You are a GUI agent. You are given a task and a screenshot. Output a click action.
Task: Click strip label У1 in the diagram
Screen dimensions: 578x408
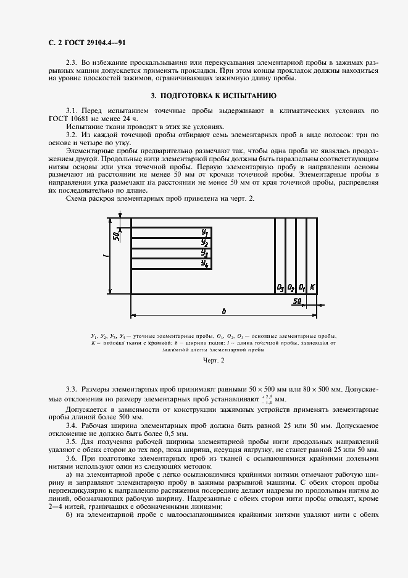pos(205,232)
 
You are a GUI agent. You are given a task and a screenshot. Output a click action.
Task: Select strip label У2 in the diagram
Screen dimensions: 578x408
pos(205,242)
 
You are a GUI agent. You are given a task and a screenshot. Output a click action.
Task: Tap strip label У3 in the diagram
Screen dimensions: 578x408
pos(205,253)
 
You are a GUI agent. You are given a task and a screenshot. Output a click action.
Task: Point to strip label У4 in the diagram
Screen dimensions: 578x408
pos(205,264)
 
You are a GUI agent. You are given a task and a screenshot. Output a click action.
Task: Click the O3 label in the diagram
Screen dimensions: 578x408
pos(280,287)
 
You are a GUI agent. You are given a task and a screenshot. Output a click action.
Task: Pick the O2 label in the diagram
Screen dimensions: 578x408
pos(291,287)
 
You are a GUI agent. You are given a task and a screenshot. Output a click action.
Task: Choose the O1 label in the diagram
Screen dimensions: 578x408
pos(302,287)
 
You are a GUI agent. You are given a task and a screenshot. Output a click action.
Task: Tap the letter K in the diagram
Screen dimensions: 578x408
pos(312,287)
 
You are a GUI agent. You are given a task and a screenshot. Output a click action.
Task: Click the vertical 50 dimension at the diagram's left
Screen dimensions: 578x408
pos(116,235)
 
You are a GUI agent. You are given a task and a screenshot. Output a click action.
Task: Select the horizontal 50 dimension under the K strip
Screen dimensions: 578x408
pos(298,301)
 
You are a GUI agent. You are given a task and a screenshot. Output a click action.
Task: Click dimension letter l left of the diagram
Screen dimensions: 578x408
pos(106,254)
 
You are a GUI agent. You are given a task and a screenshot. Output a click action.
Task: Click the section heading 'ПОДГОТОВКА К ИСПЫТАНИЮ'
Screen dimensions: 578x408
pos(218,96)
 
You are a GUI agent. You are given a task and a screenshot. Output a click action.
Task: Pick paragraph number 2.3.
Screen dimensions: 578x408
pos(72,63)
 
